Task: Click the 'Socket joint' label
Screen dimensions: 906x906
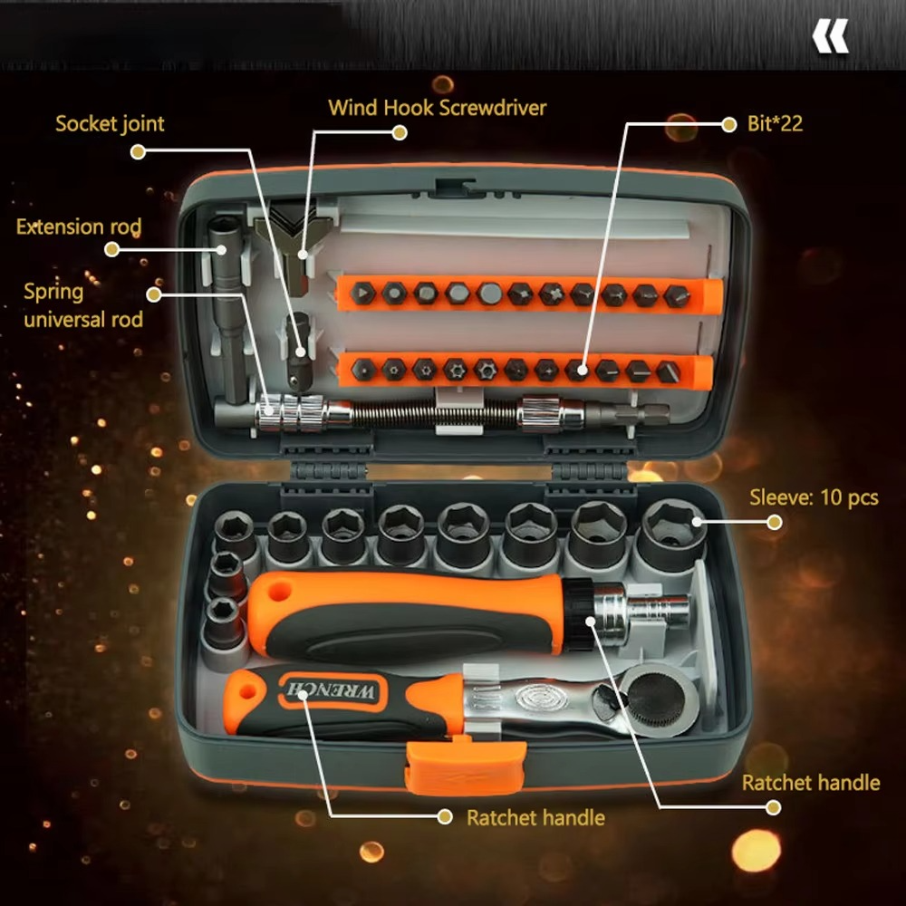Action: point(110,123)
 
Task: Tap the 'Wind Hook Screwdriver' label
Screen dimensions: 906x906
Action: point(437,108)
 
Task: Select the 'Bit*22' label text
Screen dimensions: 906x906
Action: point(776,123)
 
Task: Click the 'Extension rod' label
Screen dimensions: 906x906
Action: point(79,226)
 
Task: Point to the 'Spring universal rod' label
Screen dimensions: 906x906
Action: point(82,305)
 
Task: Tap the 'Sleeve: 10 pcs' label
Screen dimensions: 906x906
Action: point(814,497)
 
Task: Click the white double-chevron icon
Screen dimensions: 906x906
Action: point(830,38)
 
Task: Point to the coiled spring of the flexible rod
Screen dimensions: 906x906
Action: point(435,415)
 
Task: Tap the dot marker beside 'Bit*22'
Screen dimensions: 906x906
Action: point(728,125)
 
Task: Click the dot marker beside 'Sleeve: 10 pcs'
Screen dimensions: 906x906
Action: point(774,522)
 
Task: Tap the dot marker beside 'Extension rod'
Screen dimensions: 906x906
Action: point(111,250)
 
